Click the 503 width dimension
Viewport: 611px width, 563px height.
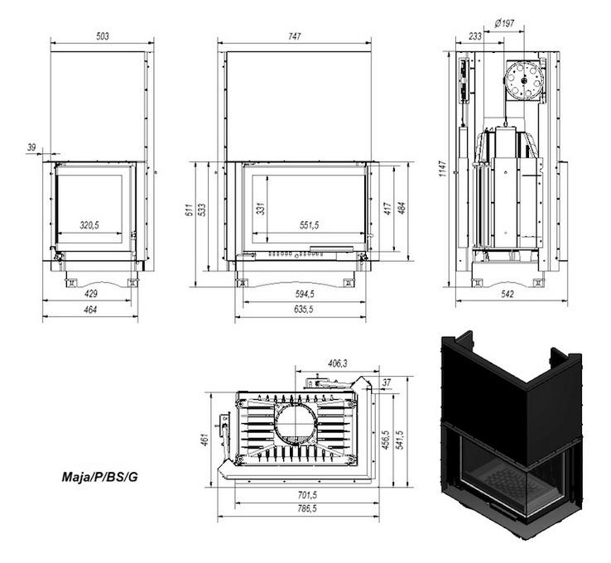(x=103, y=36)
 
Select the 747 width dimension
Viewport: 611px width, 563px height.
(x=295, y=36)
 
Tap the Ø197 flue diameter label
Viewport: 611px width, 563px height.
(x=504, y=23)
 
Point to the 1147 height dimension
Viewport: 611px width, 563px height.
(x=443, y=169)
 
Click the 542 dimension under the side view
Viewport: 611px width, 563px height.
(x=507, y=294)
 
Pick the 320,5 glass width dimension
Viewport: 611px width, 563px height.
(x=89, y=225)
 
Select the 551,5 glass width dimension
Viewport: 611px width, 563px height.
(x=309, y=225)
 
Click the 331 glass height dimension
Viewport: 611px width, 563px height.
(x=261, y=209)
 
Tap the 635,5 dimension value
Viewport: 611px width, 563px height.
(x=304, y=310)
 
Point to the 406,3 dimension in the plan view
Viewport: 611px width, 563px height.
(x=337, y=363)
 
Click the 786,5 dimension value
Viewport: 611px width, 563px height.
(x=307, y=508)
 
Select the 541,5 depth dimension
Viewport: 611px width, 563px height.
(x=399, y=440)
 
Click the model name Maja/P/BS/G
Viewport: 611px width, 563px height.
(x=99, y=477)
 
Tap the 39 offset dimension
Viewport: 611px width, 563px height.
(x=31, y=147)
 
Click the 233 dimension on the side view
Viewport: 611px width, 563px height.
(x=475, y=36)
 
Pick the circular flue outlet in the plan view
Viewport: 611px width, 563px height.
(x=296, y=424)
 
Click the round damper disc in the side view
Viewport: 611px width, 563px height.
(x=523, y=79)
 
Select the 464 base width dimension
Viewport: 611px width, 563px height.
(x=90, y=310)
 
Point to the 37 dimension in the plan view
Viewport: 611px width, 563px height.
(x=386, y=383)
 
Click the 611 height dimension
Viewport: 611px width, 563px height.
(x=190, y=210)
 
